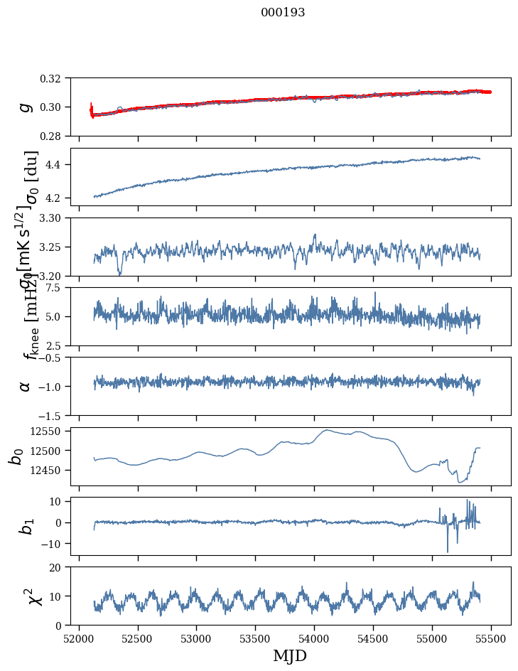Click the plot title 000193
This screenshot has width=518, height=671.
(283, 13)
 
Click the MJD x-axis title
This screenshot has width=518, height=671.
(290, 655)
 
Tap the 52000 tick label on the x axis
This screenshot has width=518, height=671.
(79, 638)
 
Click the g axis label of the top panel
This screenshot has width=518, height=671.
(26, 107)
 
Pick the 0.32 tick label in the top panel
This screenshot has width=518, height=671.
(55, 78)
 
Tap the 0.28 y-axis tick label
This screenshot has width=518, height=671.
(55, 136)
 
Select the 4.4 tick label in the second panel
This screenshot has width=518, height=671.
(58, 165)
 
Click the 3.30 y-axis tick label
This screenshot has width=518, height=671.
(55, 218)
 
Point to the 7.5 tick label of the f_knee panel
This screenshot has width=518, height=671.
(58, 287)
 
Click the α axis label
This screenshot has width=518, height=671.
(26, 386)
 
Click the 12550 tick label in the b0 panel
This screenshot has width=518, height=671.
(50, 431)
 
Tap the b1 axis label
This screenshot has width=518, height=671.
(26, 526)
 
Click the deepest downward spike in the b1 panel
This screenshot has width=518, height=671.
(448, 552)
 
